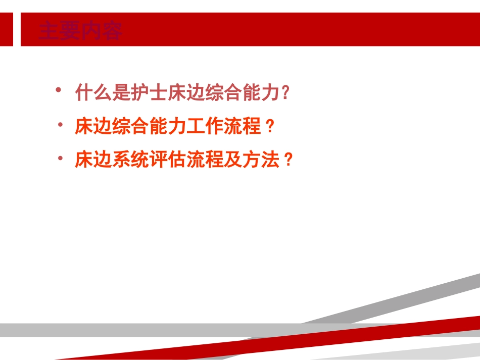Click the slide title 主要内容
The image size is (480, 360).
pyautogui.click(x=81, y=31)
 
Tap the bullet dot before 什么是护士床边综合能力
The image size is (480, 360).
pyautogui.click(x=59, y=90)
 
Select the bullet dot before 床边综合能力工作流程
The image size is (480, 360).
pyautogui.click(x=60, y=124)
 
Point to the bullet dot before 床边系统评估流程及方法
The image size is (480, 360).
pyautogui.click(x=60, y=158)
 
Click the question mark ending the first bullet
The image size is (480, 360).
pyautogui.click(x=286, y=92)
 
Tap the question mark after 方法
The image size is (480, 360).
pyautogui.click(x=288, y=160)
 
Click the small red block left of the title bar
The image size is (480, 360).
pyautogui.click(x=7, y=29)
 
